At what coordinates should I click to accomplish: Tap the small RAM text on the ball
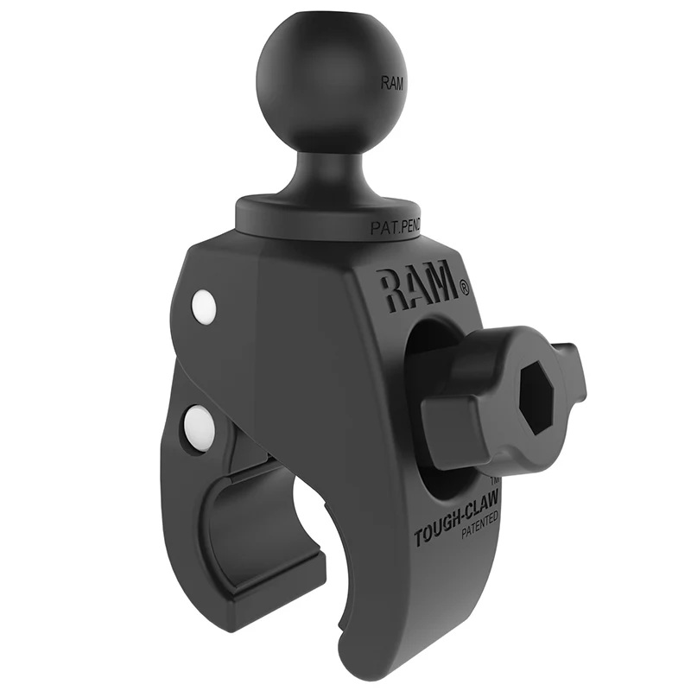click(x=391, y=83)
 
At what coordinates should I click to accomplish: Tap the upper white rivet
click(x=205, y=307)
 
